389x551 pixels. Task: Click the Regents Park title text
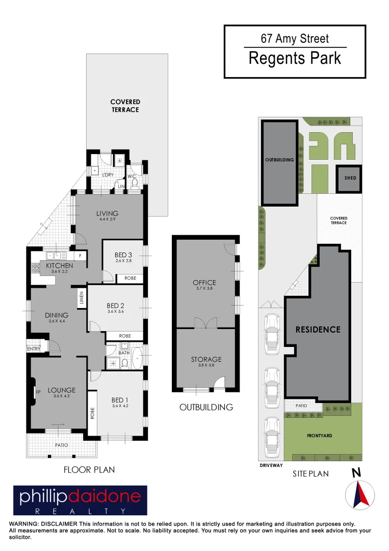tap(295, 58)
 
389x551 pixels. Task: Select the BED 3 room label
tap(123, 255)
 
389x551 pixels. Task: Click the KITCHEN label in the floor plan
tap(59, 266)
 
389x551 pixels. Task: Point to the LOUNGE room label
tap(62, 390)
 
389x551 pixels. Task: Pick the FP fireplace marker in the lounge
tap(37, 392)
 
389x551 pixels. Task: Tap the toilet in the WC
tap(135, 185)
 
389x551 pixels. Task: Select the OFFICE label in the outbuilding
tap(204, 283)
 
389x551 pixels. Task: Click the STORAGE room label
tap(206, 360)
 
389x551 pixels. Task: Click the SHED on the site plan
tap(350, 178)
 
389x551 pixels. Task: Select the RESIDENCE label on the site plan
tap(318, 330)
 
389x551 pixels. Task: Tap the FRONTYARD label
tap(319, 436)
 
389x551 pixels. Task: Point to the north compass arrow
tap(360, 494)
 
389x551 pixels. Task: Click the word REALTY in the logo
tap(80, 511)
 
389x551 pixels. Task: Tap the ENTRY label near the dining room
tap(34, 348)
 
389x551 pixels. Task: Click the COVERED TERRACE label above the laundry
tap(125, 106)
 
